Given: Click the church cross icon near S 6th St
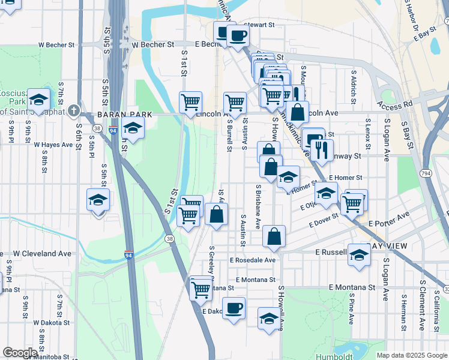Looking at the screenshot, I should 73,111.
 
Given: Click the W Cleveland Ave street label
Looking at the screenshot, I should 42,254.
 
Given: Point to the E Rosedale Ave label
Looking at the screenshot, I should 253,260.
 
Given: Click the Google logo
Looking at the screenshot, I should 20,353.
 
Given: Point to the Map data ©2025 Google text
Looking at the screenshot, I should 412,355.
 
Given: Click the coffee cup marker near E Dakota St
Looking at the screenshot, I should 234,308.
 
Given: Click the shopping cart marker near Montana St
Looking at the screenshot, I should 200,289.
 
